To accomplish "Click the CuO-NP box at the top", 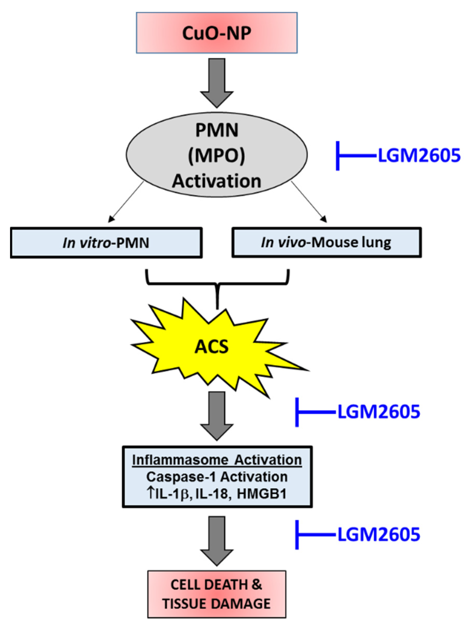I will pyautogui.click(x=217, y=33).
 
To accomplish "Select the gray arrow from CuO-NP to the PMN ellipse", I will pyautogui.click(x=217, y=82).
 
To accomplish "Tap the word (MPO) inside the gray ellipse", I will pyautogui.click(x=217, y=155).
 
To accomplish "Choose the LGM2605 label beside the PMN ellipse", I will pyautogui.click(x=419, y=156).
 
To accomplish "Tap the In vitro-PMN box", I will pyautogui.click(x=106, y=243).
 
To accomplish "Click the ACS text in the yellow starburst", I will pyautogui.click(x=212, y=347).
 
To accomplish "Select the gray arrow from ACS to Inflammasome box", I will pyautogui.click(x=217, y=415).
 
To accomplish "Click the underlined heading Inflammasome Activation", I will pyautogui.click(x=217, y=460).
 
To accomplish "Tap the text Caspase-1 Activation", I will pyautogui.click(x=217, y=477).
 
